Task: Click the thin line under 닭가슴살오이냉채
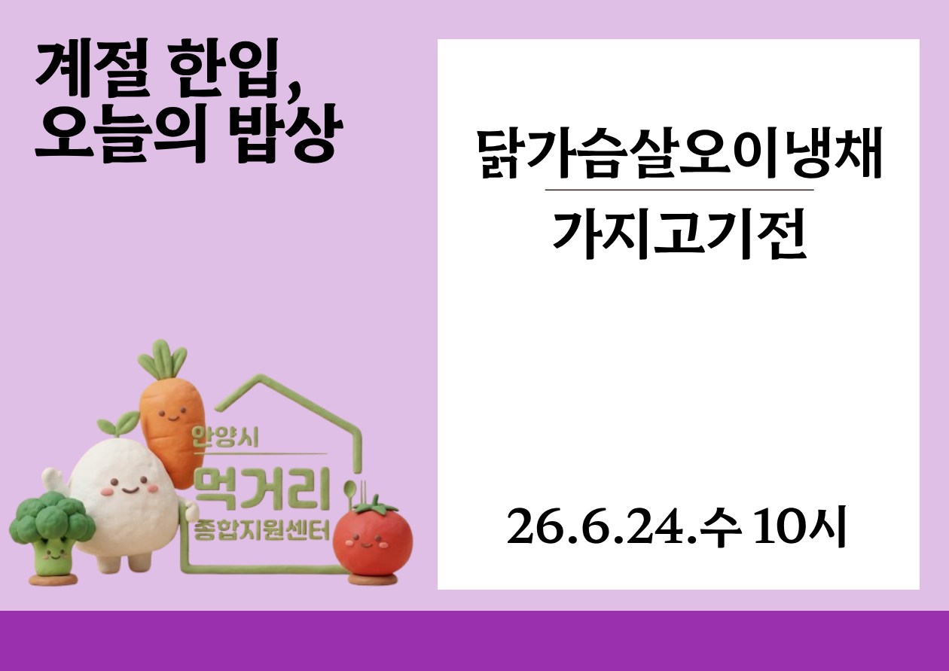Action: (679, 191)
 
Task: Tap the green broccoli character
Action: (52, 537)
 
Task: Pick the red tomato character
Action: (372, 539)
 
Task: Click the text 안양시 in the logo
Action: (225, 437)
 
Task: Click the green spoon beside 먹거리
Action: (350, 498)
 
